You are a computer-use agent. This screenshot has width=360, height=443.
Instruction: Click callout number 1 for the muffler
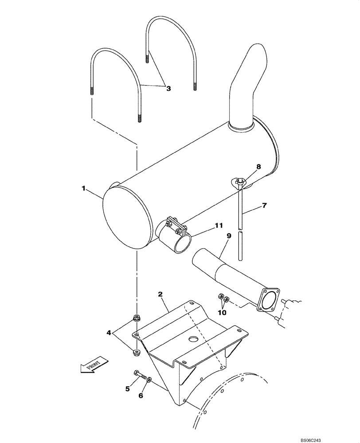[x=83, y=188]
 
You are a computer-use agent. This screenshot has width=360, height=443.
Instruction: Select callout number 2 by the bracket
[x=160, y=294]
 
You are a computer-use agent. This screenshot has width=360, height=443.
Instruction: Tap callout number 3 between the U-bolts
[x=168, y=88]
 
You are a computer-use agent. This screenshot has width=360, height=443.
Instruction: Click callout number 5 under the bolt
[x=127, y=389]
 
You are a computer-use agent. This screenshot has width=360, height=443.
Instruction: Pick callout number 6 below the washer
[x=141, y=396]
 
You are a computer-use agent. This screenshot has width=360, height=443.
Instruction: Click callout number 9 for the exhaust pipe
[x=229, y=237]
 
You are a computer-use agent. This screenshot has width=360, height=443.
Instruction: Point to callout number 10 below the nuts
[x=222, y=312]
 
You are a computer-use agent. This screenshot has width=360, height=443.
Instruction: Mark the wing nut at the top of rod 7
[x=239, y=182]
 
